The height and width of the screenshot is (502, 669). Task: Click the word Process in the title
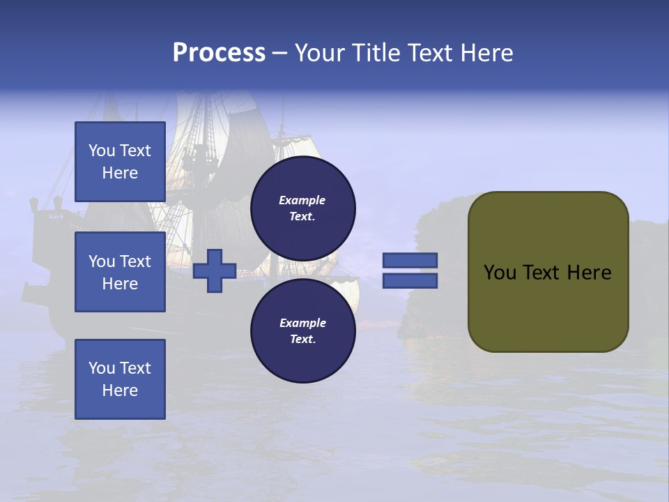tap(219, 53)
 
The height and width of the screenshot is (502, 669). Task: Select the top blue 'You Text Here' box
tap(120, 162)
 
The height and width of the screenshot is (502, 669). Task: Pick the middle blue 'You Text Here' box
tap(120, 272)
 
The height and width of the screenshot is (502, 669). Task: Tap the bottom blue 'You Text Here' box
tap(120, 379)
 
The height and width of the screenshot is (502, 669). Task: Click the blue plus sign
tap(214, 271)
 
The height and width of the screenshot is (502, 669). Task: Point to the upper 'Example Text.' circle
tap(302, 208)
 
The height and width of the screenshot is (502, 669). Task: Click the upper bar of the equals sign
tap(410, 261)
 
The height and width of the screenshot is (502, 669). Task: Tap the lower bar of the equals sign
tap(410, 280)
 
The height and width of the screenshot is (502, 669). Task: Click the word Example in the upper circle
tap(302, 200)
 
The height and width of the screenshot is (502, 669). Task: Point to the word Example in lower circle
tap(302, 323)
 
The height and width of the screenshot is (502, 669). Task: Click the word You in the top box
tap(102, 151)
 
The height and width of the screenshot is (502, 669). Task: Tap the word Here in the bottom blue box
tap(120, 390)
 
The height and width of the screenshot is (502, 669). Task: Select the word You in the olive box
tap(500, 273)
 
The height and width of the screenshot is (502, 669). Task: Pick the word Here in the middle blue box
tap(120, 284)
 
